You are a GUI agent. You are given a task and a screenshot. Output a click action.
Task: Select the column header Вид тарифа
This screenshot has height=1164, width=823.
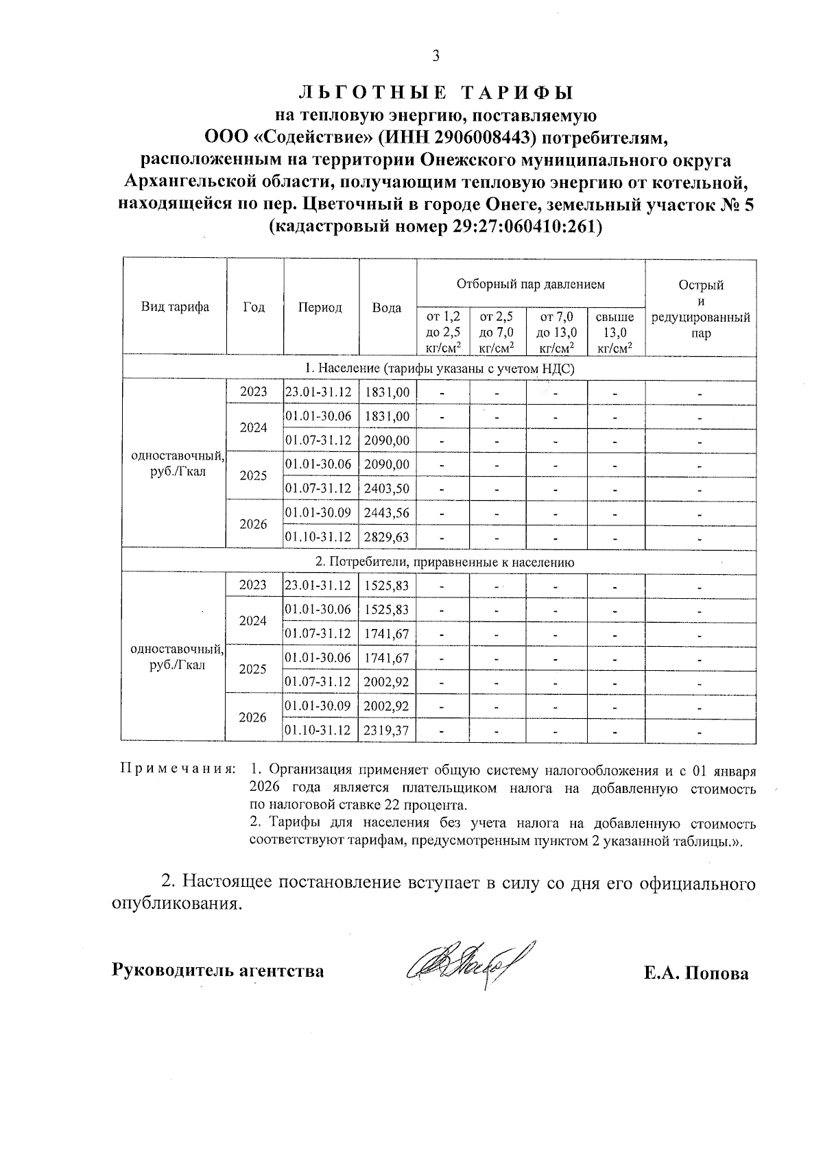point(175,307)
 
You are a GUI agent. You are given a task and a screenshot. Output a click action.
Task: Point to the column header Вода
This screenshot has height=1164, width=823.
point(387,308)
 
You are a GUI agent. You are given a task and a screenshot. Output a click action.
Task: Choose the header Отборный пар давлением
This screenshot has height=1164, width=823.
point(531,283)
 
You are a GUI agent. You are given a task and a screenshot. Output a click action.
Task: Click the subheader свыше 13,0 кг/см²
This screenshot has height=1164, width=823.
point(615,333)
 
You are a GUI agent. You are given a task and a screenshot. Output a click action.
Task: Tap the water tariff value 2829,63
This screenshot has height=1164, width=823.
point(386,536)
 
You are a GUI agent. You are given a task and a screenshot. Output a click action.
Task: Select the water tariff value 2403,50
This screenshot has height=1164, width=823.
point(386,488)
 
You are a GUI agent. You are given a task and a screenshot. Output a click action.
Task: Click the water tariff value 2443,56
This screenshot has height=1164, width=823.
point(386,512)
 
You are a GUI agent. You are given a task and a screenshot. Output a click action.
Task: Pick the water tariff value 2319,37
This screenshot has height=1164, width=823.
point(386,731)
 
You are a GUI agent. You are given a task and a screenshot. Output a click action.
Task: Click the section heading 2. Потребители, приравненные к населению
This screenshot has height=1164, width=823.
point(444,562)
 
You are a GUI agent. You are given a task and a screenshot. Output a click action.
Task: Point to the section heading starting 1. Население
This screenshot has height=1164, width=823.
point(440,368)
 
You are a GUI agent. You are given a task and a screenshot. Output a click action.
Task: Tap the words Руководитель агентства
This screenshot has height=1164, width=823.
point(217,971)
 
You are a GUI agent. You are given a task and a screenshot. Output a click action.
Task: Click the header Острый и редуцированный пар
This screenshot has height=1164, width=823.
point(700,309)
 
